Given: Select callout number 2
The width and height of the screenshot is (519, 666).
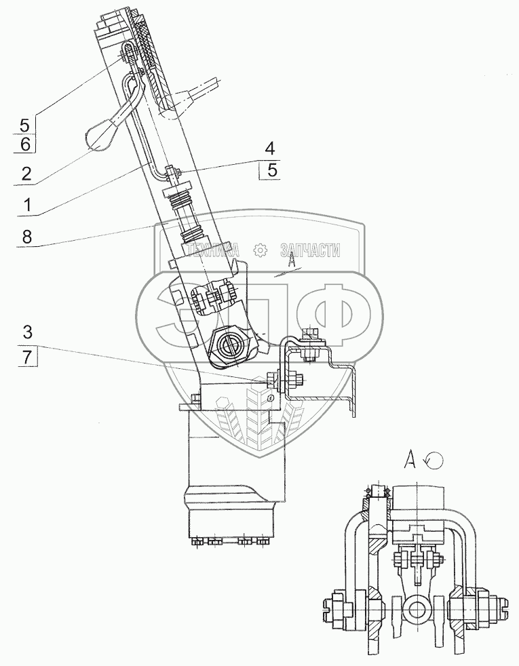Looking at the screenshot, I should click(26, 174).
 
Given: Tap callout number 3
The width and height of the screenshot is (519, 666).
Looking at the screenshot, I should click(26, 332).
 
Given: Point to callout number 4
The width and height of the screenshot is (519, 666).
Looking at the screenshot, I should click(270, 148).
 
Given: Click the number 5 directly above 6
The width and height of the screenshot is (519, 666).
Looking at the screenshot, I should click(24, 125).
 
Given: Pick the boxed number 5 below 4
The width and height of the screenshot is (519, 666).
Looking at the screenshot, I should click(271, 170).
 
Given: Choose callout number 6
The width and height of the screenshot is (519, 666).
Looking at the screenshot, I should click(24, 144).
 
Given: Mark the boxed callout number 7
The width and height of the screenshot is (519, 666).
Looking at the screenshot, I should click(26, 357).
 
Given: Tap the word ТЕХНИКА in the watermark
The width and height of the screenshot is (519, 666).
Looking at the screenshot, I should click(214, 250).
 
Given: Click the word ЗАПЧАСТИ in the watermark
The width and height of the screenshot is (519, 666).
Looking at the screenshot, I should click(309, 250).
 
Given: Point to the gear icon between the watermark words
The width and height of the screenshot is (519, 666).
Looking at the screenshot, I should click(259, 250).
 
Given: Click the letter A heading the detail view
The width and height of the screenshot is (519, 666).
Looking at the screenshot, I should click(409, 461).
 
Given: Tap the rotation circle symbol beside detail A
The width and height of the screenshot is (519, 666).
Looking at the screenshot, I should click(434, 461).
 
